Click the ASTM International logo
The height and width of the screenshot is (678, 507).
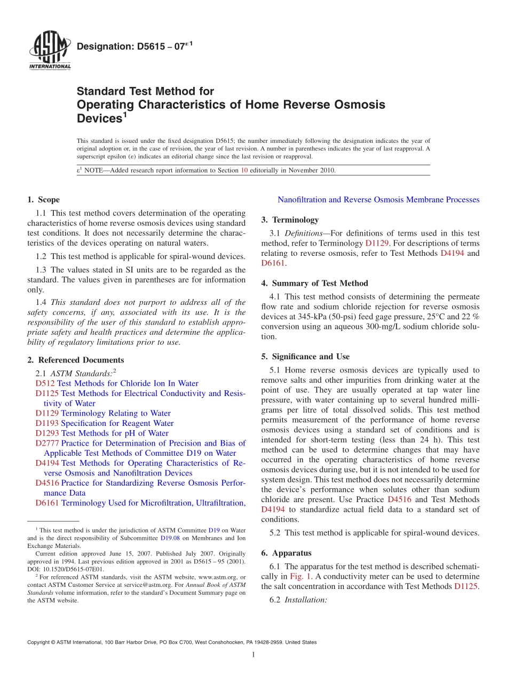tap(49, 50)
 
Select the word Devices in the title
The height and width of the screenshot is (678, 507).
tap(99, 117)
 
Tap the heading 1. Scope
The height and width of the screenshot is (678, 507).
tap(43, 200)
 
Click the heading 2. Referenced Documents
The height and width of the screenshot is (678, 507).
tap(75, 360)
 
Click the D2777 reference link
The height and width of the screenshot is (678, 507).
tap(47, 443)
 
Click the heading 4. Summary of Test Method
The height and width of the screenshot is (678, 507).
tap(314, 283)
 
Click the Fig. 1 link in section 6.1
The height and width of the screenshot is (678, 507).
tap(298, 577)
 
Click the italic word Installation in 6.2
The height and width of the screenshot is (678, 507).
tap(305, 600)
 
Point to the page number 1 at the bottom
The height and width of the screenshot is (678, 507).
tap(253, 655)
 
